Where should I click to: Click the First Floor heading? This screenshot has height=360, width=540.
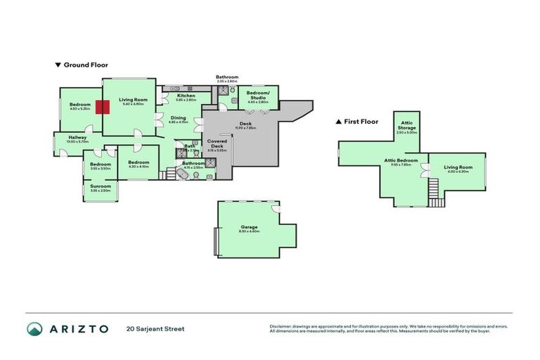click(361, 121)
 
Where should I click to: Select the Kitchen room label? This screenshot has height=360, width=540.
click(186, 96)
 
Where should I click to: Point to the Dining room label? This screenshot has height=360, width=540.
click(179, 118)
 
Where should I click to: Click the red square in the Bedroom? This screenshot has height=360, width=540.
click(103, 108)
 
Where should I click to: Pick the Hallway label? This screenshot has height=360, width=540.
click(77, 137)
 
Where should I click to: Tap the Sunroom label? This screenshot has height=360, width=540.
click(101, 186)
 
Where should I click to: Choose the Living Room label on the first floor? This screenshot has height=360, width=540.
click(458, 167)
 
